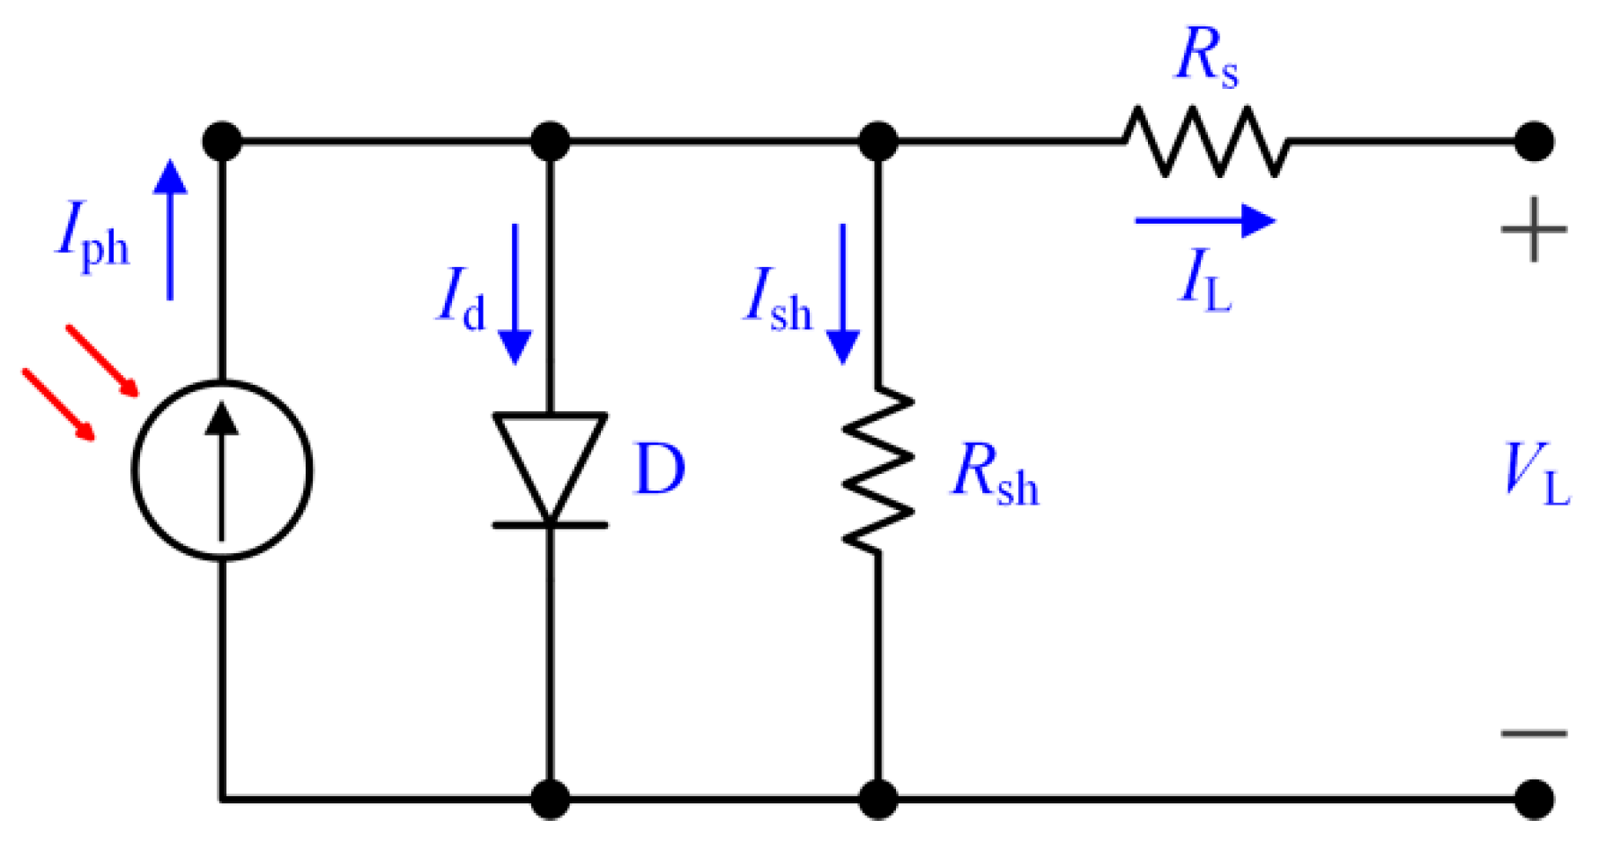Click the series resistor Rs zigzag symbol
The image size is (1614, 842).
click(1205, 141)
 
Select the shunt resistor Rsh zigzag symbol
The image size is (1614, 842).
click(877, 469)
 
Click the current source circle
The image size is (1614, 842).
click(222, 469)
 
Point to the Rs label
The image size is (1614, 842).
click(1207, 57)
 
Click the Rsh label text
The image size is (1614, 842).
click(996, 476)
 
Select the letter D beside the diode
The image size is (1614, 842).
click(659, 469)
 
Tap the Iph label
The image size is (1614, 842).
click(93, 236)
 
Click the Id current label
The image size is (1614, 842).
click(462, 299)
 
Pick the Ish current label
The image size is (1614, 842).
click(778, 299)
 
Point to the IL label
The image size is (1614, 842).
click(1204, 280)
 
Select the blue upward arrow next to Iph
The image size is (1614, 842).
click(170, 229)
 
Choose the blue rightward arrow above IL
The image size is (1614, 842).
click(1204, 220)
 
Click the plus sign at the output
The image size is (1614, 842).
click(1534, 230)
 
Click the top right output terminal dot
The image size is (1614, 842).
click(1534, 141)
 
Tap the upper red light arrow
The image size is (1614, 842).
click(102, 360)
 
